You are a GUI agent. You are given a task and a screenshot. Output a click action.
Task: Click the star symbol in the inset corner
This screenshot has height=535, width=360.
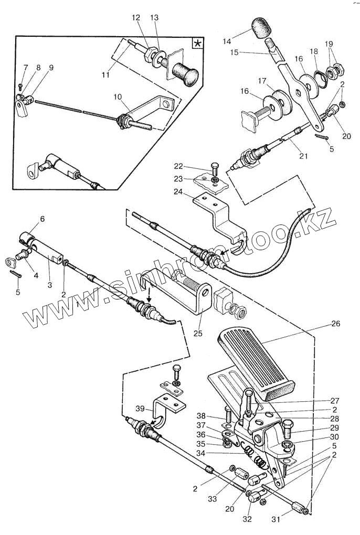click(x=197, y=44)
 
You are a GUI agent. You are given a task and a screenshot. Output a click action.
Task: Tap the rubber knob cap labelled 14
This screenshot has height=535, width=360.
click(x=261, y=28)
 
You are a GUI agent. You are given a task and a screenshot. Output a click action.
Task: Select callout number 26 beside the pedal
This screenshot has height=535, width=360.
click(x=336, y=323)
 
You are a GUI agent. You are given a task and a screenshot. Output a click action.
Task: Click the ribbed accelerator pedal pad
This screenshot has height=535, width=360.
click(x=256, y=362)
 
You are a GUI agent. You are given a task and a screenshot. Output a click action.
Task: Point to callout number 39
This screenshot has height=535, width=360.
click(x=140, y=409)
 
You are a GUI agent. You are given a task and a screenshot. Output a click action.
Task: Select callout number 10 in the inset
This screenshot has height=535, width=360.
click(x=118, y=97)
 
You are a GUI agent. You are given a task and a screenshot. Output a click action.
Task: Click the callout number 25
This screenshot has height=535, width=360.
click(x=198, y=333)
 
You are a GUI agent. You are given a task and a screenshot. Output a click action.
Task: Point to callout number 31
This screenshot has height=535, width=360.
click(x=276, y=519)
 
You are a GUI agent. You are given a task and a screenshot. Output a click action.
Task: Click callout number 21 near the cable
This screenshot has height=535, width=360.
click(x=303, y=156)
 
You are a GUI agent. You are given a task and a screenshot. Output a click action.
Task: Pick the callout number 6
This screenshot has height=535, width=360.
click(x=43, y=219)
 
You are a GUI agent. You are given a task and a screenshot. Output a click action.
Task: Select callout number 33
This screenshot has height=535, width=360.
click(x=212, y=499)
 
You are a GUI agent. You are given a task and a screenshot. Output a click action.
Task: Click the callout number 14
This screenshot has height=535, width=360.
click(x=227, y=41)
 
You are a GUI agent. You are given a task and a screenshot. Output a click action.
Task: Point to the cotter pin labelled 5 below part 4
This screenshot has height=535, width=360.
click(x=16, y=273)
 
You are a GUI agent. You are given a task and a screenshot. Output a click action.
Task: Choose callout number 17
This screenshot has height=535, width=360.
click(x=262, y=81)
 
